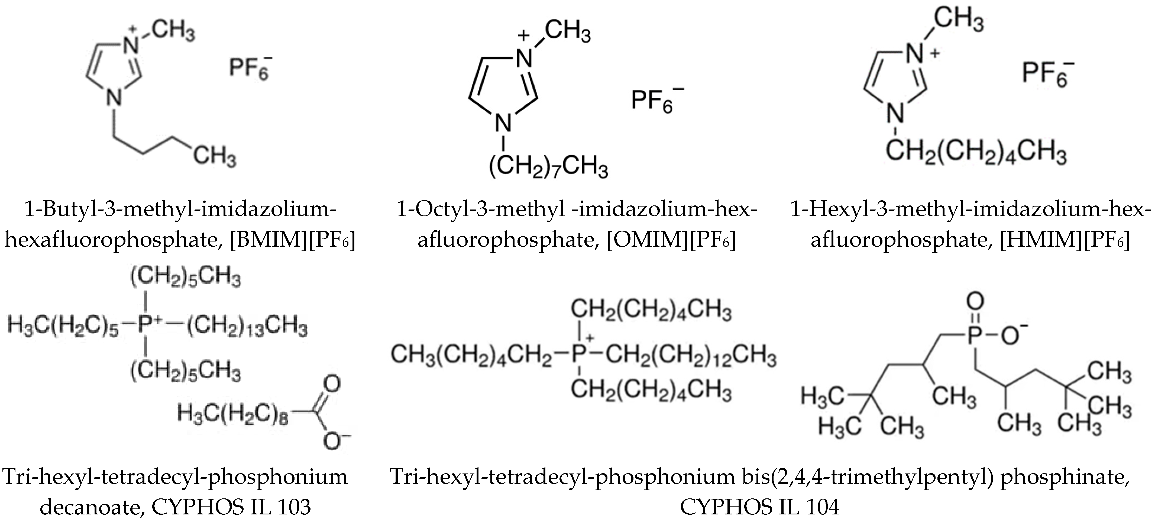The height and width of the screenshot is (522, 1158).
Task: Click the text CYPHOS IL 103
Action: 231,507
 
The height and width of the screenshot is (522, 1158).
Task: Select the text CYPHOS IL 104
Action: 759,507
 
